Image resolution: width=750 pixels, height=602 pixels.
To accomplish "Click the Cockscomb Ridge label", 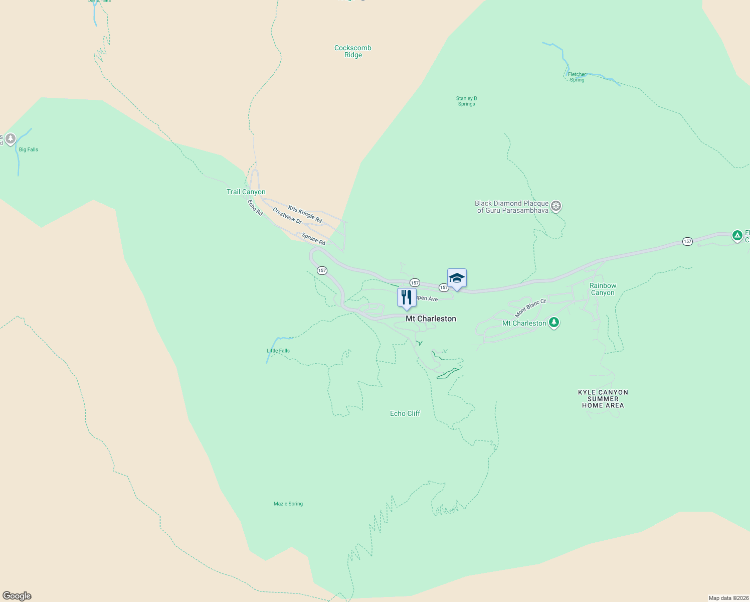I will point(353,52).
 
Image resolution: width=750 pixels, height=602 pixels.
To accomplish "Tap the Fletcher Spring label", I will point(577,77).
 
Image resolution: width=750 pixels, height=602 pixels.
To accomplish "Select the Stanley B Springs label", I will point(466,101).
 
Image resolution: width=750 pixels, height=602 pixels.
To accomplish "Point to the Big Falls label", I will point(29,149).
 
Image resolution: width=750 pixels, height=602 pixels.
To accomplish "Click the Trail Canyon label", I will point(246,192).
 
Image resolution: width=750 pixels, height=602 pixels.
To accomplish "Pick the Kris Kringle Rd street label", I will point(305,214).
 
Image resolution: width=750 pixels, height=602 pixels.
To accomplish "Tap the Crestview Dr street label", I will point(287,216).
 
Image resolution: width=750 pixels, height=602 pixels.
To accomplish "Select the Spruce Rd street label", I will point(313,239).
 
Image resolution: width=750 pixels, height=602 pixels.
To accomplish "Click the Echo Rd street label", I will point(255,208).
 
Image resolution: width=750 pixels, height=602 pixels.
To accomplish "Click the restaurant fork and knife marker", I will point(407,297).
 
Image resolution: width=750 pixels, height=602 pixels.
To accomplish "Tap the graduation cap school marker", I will point(457,278).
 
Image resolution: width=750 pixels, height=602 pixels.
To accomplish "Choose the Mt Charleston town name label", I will point(431,319).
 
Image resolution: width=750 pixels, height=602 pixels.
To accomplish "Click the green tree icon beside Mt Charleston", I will point(553,322).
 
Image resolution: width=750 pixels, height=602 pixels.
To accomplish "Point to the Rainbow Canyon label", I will point(603,289).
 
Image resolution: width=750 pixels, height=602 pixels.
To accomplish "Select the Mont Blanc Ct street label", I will point(530,308).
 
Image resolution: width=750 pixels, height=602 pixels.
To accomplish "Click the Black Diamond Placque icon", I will point(555,206).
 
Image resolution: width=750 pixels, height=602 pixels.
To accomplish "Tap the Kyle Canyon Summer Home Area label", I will point(603,399).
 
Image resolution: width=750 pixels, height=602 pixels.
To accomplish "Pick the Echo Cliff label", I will point(405,414).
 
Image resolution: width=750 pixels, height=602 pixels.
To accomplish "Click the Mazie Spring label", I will point(288,504).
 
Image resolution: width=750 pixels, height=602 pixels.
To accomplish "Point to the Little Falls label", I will point(278,351).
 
